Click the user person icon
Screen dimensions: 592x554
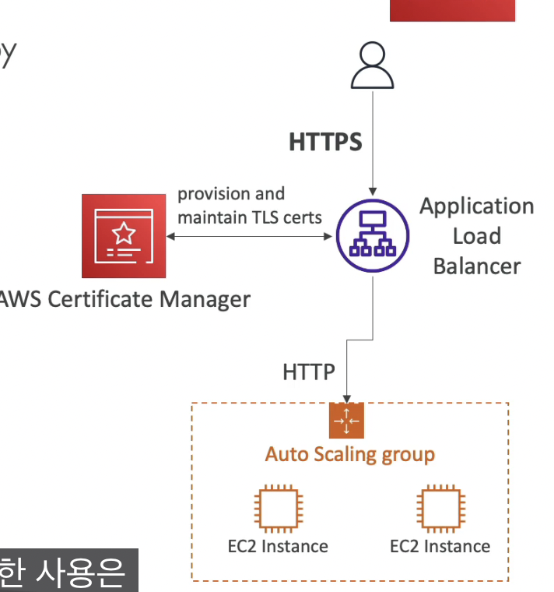(x=373, y=66)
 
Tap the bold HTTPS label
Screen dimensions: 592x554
(x=325, y=142)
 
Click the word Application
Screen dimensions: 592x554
(x=476, y=206)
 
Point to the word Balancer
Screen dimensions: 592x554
(x=476, y=266)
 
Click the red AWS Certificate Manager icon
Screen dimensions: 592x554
(x=123, y=235)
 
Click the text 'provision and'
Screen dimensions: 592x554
(x=231, y=193)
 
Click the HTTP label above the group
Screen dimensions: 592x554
(x=308, y=372)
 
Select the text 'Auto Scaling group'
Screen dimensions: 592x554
(x=349, y=454)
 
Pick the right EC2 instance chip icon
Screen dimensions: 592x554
(x=440, y=508)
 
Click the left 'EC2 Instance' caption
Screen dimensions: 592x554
(x=272, y=546)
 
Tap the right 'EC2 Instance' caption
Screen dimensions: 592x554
(x=440, y=546)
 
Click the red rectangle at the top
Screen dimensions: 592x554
(x=452, y=10)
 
